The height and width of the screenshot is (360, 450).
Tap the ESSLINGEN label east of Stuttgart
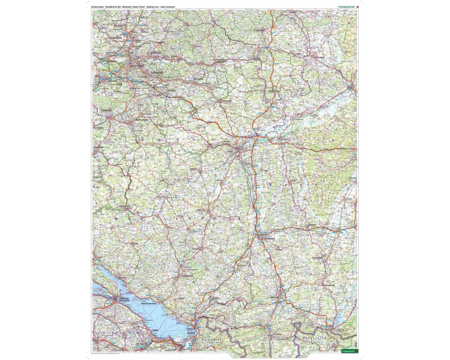[x=157, y=72]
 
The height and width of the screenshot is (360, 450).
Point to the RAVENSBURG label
[x=186, y=276]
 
